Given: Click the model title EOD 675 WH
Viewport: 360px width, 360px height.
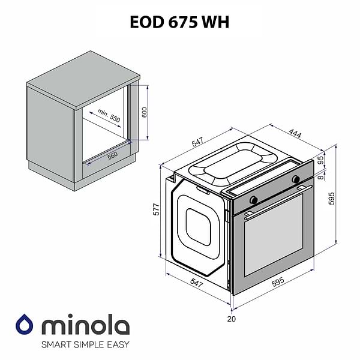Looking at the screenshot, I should [179, 22].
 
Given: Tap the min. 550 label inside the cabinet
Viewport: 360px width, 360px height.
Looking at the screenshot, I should [109, 116].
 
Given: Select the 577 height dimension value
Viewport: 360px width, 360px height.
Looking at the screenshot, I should [157, 210].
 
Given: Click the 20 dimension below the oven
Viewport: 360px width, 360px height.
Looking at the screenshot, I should [232, 319].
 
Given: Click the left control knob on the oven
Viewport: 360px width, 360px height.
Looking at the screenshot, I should [254, 199].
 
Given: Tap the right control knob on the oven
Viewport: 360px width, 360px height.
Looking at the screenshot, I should [295, 179].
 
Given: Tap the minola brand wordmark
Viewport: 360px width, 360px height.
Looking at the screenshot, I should [85, 326].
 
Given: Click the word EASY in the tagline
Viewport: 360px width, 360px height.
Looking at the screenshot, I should [118, 345].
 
